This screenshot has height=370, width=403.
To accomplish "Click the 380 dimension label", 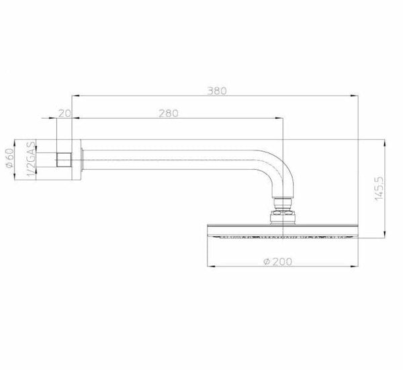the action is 217,91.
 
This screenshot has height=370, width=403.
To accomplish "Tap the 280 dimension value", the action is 169,113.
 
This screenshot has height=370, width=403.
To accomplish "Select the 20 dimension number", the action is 64,113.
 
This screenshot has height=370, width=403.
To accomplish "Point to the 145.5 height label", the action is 379,189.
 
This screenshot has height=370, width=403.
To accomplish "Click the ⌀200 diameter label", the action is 278,262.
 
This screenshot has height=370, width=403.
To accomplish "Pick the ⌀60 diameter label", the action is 10,158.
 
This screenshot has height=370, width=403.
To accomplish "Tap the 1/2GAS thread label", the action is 32,158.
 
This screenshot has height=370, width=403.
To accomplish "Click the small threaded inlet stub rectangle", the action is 64,160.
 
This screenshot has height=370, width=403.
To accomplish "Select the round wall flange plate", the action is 77,160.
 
